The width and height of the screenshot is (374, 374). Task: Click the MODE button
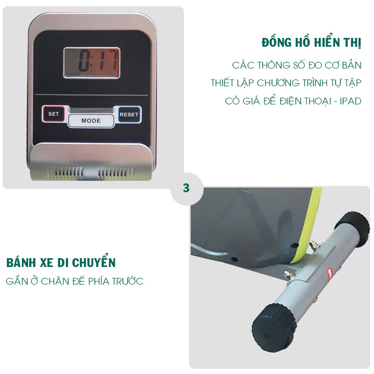(91, 121)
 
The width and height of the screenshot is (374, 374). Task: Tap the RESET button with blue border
(129, 114)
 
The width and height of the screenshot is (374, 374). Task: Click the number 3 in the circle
(186, 188)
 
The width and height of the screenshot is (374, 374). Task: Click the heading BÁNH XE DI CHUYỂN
(61, 262)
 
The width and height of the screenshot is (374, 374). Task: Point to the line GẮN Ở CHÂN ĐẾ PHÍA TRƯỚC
(75, 282)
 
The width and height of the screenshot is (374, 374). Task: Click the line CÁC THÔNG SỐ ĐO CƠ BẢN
(297, 66)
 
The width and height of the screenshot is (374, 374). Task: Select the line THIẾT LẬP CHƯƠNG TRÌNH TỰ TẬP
(286, 83)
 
